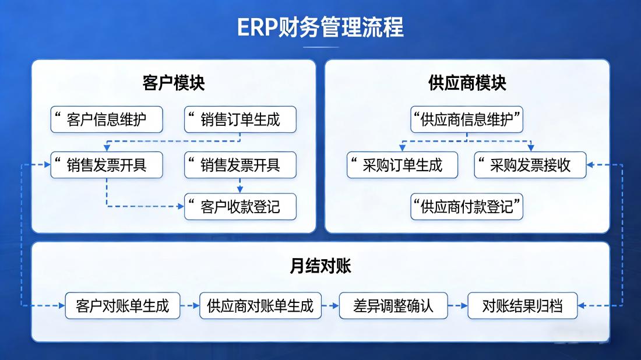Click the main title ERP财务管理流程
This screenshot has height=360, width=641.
pyautogui.click(x=320, y=27)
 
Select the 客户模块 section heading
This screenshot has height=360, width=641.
pyautogui.click(x=174, y=83)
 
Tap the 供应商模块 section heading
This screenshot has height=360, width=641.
pyautogui.click(x=467, y=83)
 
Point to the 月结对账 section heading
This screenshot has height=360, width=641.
pyautogui.click(x=320, y=266)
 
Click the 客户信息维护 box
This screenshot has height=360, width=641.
pyautogui.click(x=107, y=120)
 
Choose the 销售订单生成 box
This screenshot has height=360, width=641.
pyautogui.click(x=240, y=120)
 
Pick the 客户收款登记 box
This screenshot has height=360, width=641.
pyautogui.click(x=240, y=207)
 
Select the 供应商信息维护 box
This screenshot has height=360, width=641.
pyautogui.click(x=467, y=120)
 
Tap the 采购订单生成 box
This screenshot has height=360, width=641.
pyautogui.click(x=403, y=165)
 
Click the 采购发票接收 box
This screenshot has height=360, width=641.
pyautogui.click(x=530, y=165)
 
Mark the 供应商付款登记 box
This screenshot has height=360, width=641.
pyautogui.click(x=467, y=207)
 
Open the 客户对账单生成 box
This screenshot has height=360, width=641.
pyautogui.click(x=122, y=305)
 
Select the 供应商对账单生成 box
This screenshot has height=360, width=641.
pyautogui.click(x=260, y=305)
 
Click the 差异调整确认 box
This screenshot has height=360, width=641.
pyautogui.click(x=393, y=305)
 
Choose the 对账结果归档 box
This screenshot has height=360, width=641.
pyautogui.click(x=522, y=305)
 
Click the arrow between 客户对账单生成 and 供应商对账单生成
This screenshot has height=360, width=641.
pyautogui.click(x=189, y=305)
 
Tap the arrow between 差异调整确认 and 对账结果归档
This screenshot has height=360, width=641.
pyautogui.click(x=458, y=305)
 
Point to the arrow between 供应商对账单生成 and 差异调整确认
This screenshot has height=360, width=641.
pyautogui.click(x=330, y=305)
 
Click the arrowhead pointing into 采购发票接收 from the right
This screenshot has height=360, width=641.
pyautogui.click(x=590, y=165)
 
